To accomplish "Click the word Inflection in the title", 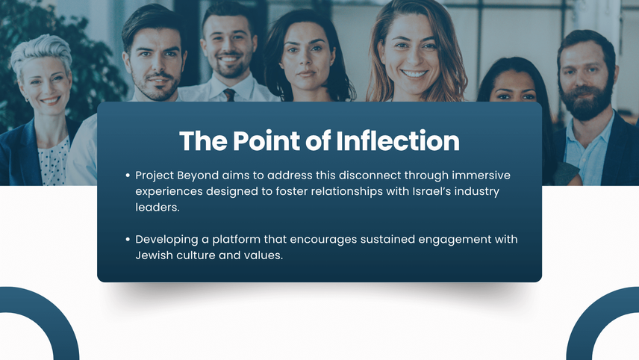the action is click(x=398, y=140).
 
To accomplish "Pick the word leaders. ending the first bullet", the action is click(x=158, y=207).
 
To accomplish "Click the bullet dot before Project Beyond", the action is click(x=128, y=176).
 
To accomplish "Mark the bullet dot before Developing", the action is click(x=128, y=240).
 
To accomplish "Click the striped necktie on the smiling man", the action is click(x=229, y=95).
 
